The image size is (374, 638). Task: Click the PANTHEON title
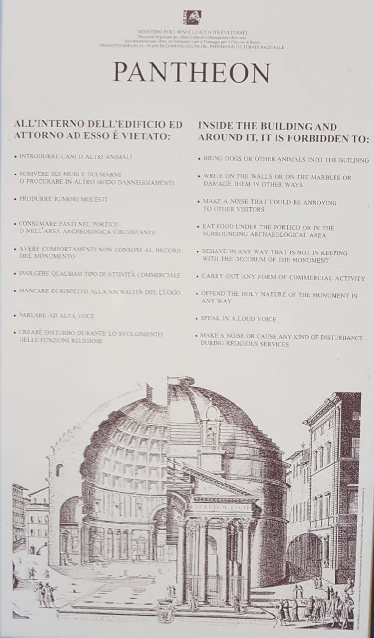click(x=192, y=73)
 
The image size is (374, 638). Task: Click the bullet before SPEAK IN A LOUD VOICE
click(x=198, y=319)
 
